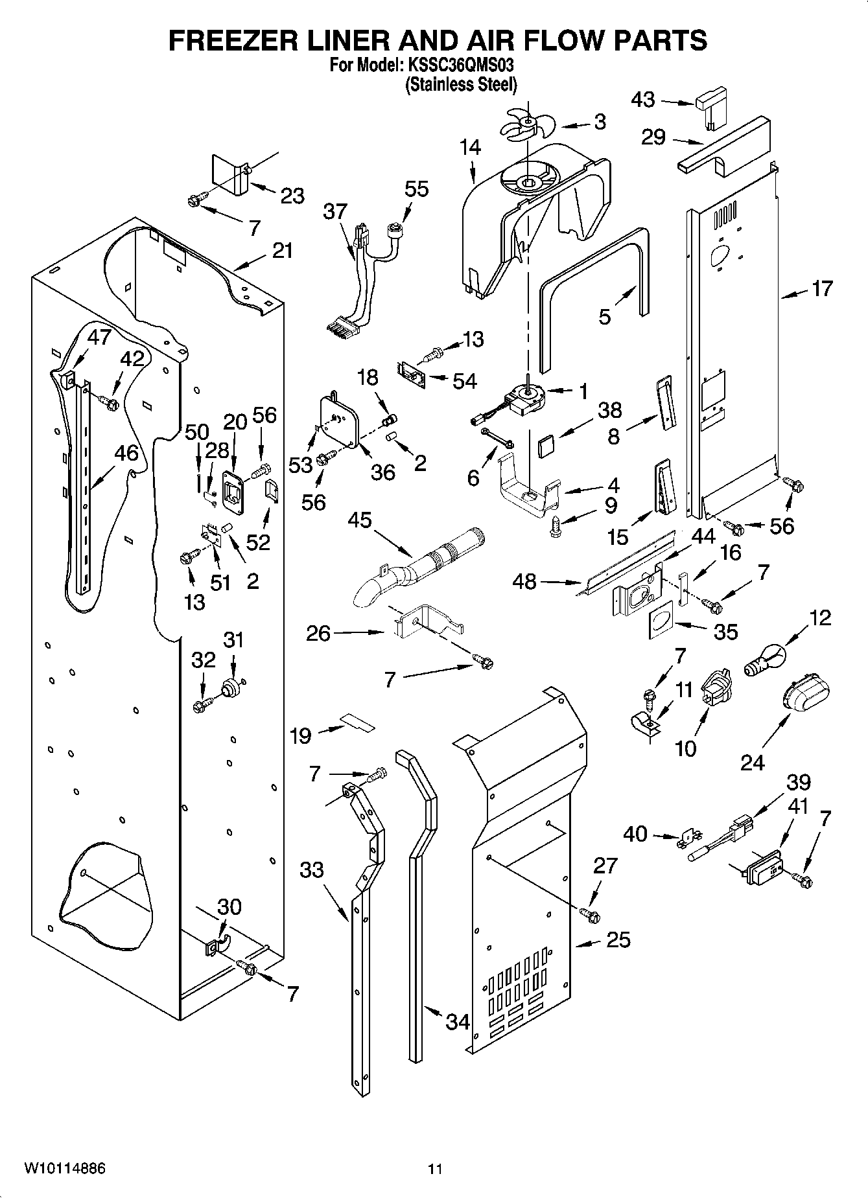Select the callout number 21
(x=283, y=251)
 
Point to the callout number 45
(x=360, y=520)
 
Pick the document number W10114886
(x=65, y=1169)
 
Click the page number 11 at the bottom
(x=435, y=1169)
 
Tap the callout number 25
(x=618, y=939)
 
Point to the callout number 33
(x=312, y=870)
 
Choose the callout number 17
(x=822, y=288)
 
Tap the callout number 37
(x=336, y=211)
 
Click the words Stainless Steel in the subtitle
(x=461, y=84)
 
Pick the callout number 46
(x=126, y=453)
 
